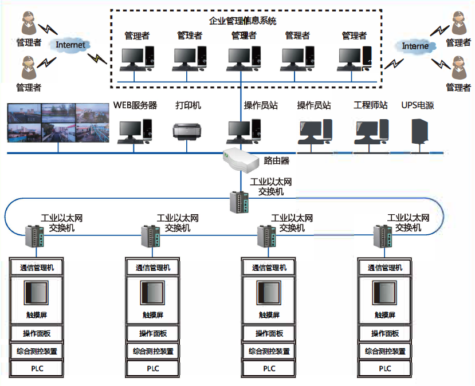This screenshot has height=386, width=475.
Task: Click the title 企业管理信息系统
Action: click(243, 22)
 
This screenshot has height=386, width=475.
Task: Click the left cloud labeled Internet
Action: click(70, 45)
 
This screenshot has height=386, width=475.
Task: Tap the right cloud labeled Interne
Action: click(415, 46)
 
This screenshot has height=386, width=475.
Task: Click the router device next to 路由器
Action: click(241, 160)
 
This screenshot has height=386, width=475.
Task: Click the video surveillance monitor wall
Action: click(58, 123)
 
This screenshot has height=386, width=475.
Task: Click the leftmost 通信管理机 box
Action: click(37, 267)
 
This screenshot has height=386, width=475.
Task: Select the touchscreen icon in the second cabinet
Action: click(152, 293)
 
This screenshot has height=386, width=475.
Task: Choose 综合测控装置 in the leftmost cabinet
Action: click(37, 351)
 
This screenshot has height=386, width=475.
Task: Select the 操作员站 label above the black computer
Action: click(313, 105)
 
